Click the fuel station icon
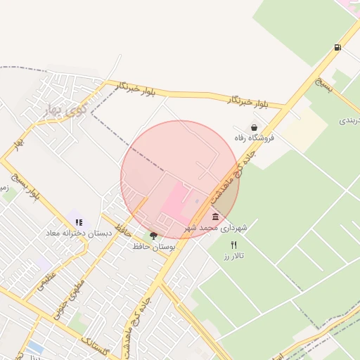(x=338, y=48)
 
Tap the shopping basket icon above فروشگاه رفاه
(x=254, y=127)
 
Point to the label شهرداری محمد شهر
(x=216, y=229)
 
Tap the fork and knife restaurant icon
(x=233, y=245)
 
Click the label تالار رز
(x=233, y=257)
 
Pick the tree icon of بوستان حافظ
(x=153, y=236)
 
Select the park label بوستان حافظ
(x=153, y=247)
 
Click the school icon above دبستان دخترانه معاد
(x=79, y=222)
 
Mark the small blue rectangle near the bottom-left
(x=35, y=347)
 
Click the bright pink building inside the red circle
(x=176, y=201)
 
